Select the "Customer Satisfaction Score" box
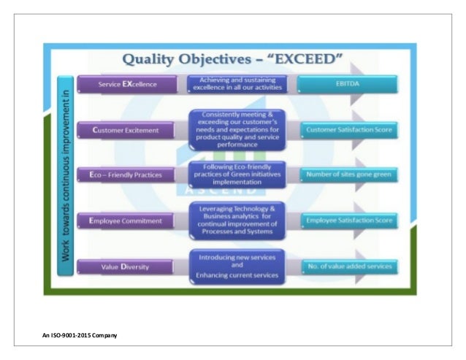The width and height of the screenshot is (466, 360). pos(348,130)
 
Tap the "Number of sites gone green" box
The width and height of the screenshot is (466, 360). pos(348,175)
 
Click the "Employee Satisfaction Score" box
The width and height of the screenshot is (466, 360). pos(348,220)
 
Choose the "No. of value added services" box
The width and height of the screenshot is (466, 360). pos(348,267)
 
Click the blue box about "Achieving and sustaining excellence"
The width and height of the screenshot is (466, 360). pos(236,84)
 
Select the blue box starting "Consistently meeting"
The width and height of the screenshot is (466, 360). pos(236,129)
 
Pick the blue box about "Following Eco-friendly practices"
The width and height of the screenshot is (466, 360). pos(236,175)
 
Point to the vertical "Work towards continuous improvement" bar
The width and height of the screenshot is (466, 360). pos(66,175)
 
